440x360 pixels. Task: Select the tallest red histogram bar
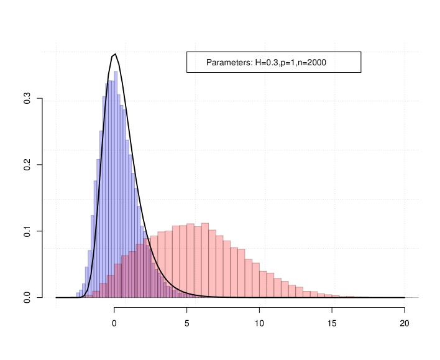(x=205, y=261)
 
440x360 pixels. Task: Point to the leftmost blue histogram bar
(x=78, y=295)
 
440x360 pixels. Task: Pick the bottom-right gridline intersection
(x=405, y=298)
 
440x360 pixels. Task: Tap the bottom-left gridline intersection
(x=56, y=298)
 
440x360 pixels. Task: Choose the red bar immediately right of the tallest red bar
(x=212, y=264)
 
